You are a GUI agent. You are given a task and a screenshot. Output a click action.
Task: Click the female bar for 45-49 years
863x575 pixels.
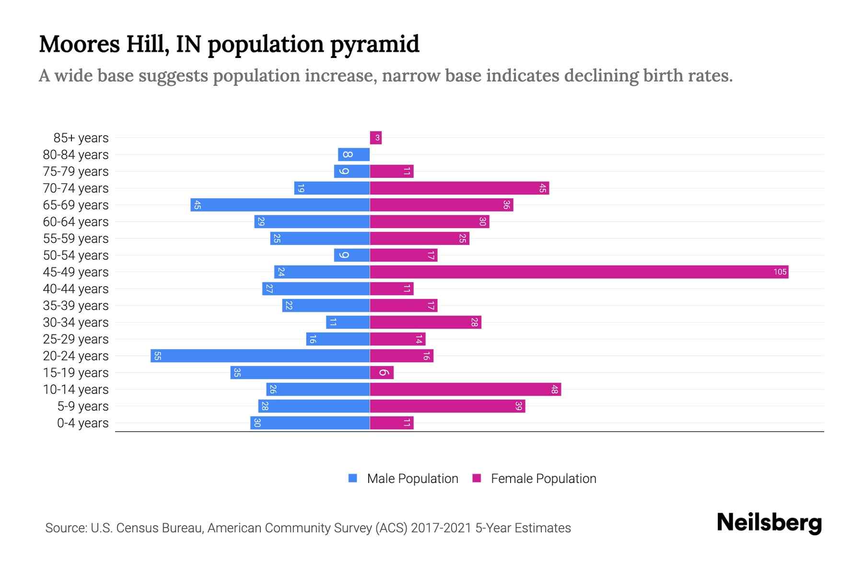coord(579,272)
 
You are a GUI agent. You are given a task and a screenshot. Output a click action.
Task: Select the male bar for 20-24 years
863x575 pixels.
coord(260,356)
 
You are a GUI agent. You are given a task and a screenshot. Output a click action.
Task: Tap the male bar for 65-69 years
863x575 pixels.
coord(280,205)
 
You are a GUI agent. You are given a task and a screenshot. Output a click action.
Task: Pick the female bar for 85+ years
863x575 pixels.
coord(375,138)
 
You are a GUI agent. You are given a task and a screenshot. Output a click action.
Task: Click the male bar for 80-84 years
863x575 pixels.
coord(354,155)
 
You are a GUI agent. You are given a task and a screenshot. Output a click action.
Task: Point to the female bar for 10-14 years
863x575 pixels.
coord(465,390)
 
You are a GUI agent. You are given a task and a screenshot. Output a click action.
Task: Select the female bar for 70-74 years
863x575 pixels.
coord(459,188)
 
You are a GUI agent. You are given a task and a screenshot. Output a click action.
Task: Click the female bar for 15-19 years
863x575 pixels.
coord(382,373)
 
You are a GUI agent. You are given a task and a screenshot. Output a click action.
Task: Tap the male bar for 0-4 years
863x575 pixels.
coord(310,423)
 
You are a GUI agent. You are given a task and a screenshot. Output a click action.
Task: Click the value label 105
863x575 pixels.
coord(780,272)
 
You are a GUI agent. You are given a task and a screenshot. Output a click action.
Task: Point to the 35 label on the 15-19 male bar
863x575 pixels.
coord(237,373)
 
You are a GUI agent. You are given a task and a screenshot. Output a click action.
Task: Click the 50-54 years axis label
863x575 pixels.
coord(76,255)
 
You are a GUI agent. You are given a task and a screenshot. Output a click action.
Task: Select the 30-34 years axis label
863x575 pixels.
coord(76,322)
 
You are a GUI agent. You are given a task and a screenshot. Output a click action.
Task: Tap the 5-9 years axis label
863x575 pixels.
coord(82,406)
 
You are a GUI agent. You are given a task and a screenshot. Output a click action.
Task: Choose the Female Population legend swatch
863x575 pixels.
coord(477,478)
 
